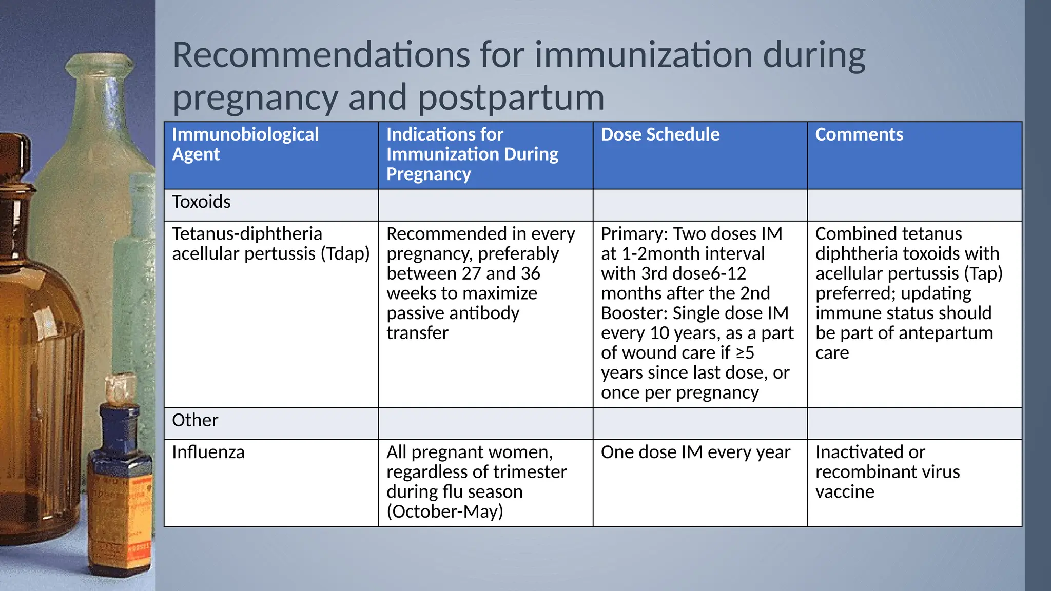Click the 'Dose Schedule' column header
pyautogui.click(x=660, y=134)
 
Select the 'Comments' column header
pyautogui.click(x=859, y=134)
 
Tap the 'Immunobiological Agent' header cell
pyautogui.click(x=245, y=144)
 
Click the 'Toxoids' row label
pyautogui.click(x=201, y=202)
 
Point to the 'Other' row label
pyautogui.click(x=195, y=420)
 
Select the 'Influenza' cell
pyautogui.click(x=208, y=452)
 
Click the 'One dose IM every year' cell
pyautogui.click(x=695, y=452)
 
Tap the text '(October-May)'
pyautogui.click(x=444, y=511)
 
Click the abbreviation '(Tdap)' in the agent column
pyautogui.click(x=345, y=254)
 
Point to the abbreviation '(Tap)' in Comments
pyautogui.click(x=983, y=273)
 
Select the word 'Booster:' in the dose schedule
pyautogui.click(x=634, y=313)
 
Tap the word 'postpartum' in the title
pyautogui.click(x=511, y=97)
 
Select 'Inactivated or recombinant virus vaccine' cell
pyautogui.click(x=887, y=472)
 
